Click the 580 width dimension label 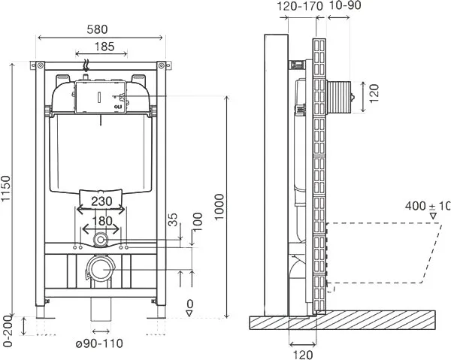tap(97, 29)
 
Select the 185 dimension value tap(104, 47)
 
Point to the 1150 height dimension tap(5, 189)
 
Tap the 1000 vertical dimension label tap(219, 207)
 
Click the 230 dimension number tap(101, 201)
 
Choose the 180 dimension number tap(102, 221)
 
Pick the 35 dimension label tap(173, 219)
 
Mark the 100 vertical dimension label tap(197, 222)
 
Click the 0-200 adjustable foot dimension tap(8, 331)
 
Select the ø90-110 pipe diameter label tap(99, 343)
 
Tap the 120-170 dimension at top tap(300, 6)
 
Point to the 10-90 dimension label tap(344, 5)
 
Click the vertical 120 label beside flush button tap(374, 93)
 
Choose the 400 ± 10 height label tap(428, 206)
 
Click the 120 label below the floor tap(303, 355)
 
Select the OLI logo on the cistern tap(118, 107)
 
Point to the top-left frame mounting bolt tap(40, 66)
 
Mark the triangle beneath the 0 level tap(189, 313)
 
